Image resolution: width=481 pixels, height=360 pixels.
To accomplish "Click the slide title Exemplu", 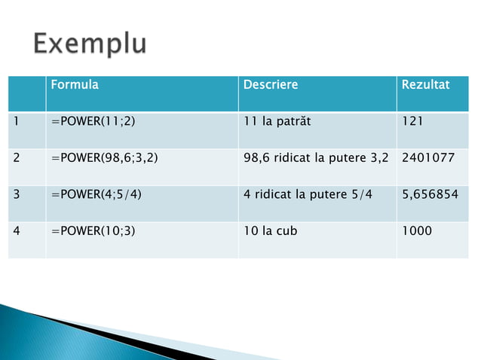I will pyautogui.click(x=88, y=44).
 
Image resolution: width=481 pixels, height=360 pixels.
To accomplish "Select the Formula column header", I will pyautogui.click(x=75, y=84).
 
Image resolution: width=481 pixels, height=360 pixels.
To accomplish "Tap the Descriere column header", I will pyautogui.click(x=271, y=84).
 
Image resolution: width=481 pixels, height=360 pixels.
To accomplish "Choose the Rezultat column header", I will pyautogui.click(x=425, y=84).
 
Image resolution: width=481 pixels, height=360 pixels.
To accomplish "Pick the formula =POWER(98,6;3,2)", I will pyautogui.click(x=105, y=158).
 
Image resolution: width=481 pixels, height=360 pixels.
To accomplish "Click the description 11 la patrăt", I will pyautogui.click(x=276, y=121).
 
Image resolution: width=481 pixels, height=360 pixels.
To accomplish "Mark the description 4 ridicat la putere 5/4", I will pyautogui.click(x=308, y=194).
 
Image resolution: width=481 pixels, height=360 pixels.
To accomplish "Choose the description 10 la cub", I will pyautogui.click(x=270, y=230).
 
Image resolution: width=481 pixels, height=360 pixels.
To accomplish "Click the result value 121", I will pyautogui.click(x=412, y=121).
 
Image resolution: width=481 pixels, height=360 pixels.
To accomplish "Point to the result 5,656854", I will pyautogui.click(x=430, y=194).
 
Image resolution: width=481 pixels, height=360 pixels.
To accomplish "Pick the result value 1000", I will pyautogui.click(x=417, y=230).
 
